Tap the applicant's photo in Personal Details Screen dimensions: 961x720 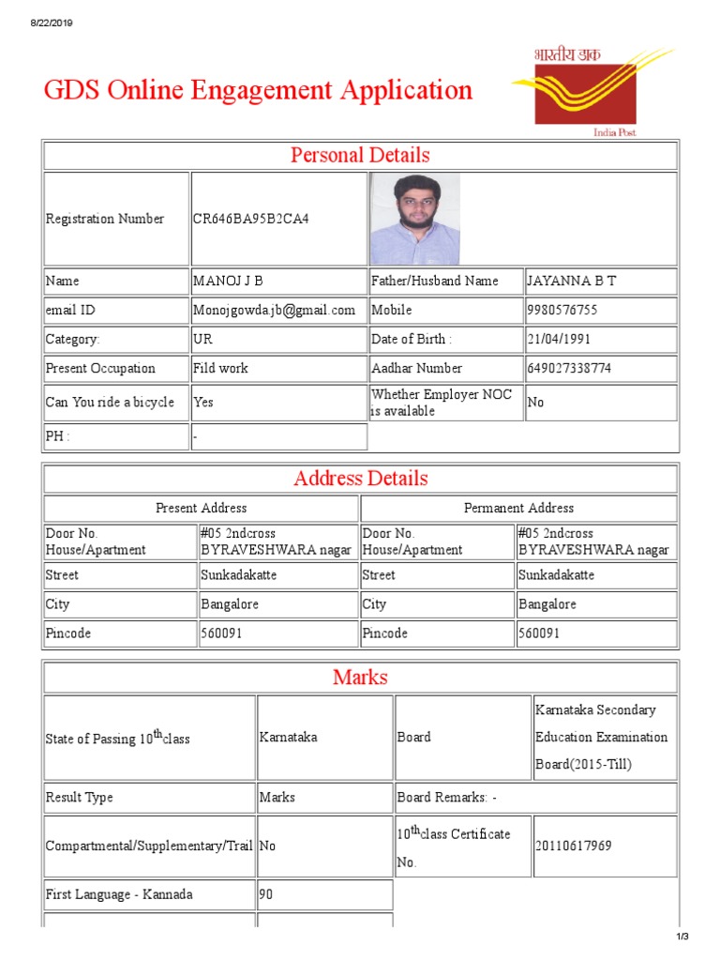(414, 219)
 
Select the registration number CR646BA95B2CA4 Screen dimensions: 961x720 (250, 219)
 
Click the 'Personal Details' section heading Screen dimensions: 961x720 (360, 155)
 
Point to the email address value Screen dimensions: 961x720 (274, 310)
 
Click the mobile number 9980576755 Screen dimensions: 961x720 (562, 310)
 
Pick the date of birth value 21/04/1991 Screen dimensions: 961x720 (559, 339)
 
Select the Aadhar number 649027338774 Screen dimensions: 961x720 (570, 368)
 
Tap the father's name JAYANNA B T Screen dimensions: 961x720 (572, 281)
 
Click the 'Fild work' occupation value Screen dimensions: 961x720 (220, 368)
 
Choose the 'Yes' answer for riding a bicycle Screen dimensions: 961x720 (203, 402)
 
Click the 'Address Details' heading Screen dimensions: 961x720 (360, 479)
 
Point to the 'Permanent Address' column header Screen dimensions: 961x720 (518, 508)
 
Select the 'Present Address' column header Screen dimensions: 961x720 (201, 508)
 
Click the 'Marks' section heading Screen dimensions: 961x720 (360, 677)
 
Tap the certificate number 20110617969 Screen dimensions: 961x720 (573, 846)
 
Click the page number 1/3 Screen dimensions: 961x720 (682, 937)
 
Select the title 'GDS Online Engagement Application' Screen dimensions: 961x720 (258, 91)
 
